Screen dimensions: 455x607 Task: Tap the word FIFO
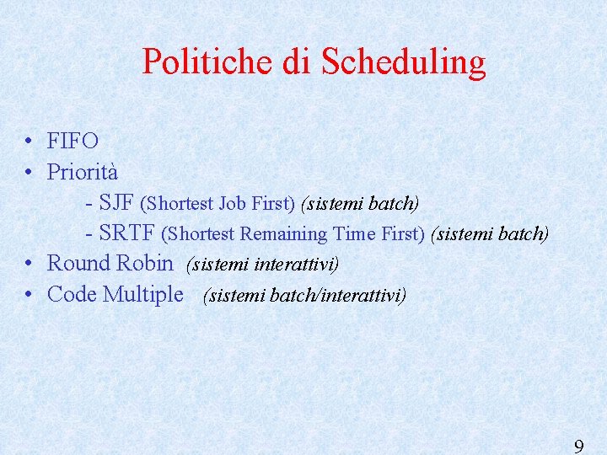73,142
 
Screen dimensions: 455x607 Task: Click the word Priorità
82,172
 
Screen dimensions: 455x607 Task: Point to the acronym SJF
116,203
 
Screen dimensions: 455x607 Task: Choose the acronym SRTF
126,233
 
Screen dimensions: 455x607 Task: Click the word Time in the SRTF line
354,234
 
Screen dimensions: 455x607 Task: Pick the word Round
78,263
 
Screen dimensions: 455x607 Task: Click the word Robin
145,263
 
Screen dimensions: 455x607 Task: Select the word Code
73,294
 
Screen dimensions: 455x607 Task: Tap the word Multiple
142,295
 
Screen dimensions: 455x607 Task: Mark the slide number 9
578,446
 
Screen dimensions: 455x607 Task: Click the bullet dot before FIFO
30,142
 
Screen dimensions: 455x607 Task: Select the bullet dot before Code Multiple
30,295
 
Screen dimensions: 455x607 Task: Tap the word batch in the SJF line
393,204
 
